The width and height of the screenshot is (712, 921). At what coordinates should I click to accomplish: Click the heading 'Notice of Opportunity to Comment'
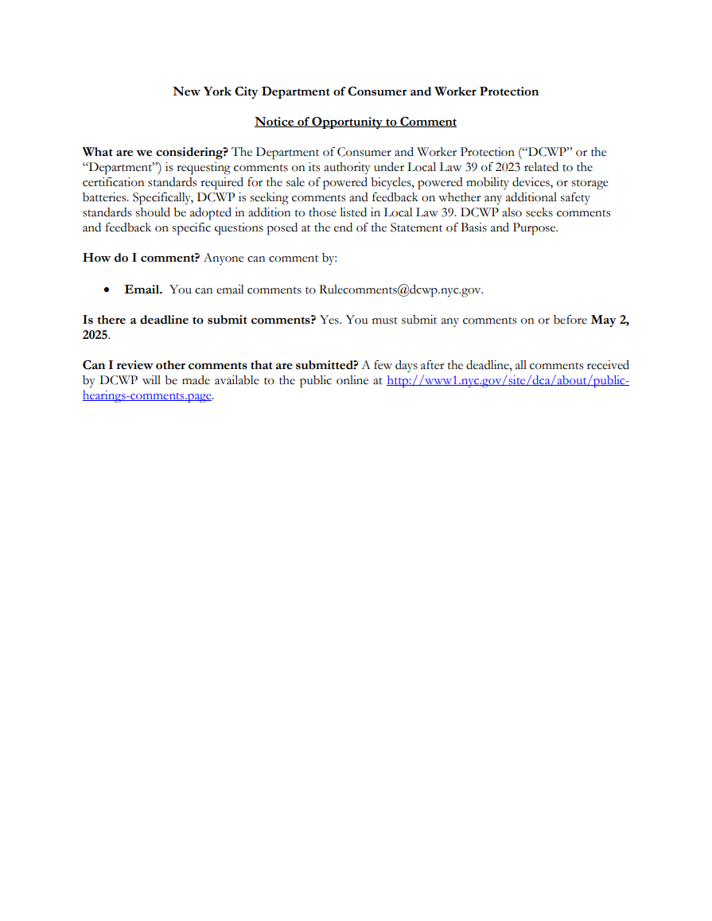pos(356,122)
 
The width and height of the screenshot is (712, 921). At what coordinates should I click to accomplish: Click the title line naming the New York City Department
pos(356,91)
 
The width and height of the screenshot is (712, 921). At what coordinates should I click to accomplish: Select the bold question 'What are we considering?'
pos(155,152)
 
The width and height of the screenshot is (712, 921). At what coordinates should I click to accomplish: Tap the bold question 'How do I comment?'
pos(141,258)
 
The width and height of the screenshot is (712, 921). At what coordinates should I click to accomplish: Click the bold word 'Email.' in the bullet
pos(143,290)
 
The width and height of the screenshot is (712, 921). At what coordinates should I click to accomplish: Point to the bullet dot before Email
pos(107,290)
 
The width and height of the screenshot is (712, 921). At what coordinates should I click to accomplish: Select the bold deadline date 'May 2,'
pos(609,321)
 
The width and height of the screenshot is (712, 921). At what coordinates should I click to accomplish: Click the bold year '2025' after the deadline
pos(95,335)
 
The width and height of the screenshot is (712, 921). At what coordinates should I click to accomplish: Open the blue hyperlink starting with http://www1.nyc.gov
pos(508,381)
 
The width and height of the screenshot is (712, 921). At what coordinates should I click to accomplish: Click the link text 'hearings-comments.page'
pos(147,396)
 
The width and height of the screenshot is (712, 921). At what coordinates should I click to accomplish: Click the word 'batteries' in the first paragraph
pos(106,197)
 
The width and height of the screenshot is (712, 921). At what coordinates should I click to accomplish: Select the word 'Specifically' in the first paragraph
pos(162,197)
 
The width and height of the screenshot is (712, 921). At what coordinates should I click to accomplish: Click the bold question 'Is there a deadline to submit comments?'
pos(199,321)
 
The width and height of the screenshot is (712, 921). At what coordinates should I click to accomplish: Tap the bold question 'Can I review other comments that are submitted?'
pos(220,366)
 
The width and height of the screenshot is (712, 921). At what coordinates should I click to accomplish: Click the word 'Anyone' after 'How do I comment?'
pos(224,258)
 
